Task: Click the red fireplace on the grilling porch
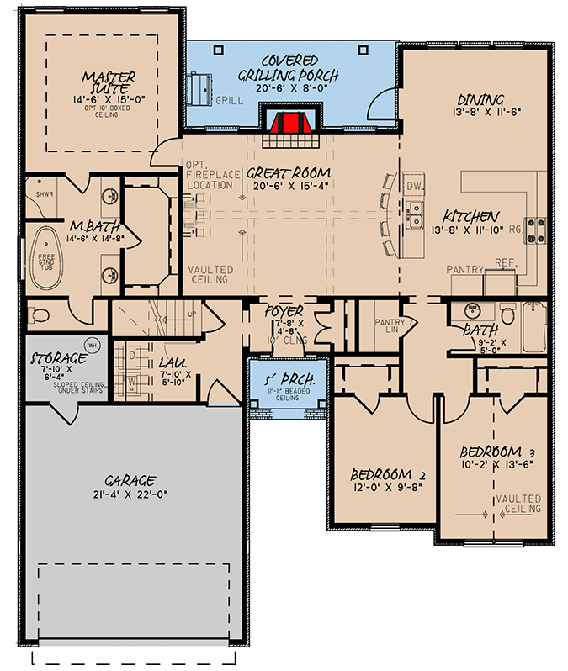pyautogui.click(x=290, y=124)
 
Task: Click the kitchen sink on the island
pyautogui.click(x=415, y=214)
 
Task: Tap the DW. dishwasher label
pyautogui.click(x=413, y=185)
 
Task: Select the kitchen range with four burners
pyautogui.click(x=535, y=229)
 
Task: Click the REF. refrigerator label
pyautogui.click(x=505, y=262)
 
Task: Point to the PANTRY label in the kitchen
pyautogui.click(x=466, y=270)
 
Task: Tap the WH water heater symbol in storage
pyautogui.click(x=93, y=345)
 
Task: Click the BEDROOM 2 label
pyautogui.click(x=388, y=474)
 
